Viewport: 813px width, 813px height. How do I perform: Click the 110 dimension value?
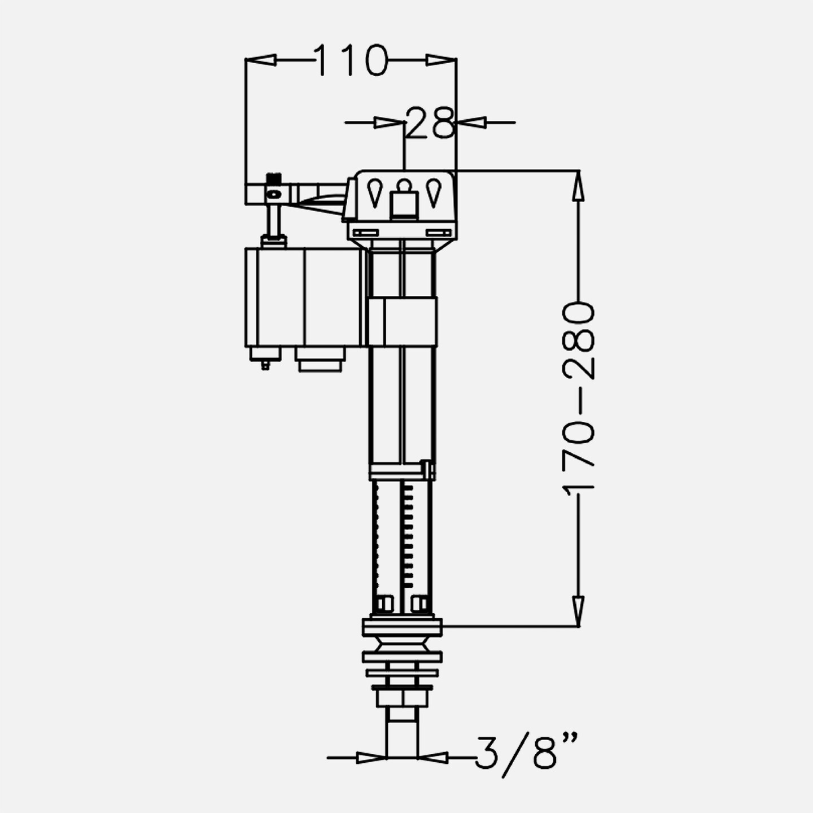351,60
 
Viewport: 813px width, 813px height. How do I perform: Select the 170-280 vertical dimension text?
579,396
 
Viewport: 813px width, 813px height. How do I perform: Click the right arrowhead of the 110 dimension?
442,60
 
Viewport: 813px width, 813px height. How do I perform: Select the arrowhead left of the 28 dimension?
389,123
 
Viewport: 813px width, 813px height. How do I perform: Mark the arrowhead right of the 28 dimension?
471,123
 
